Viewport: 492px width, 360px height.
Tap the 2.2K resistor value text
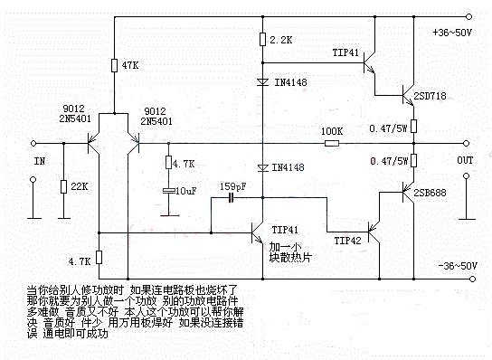pyautogui.click(x=279, y=41)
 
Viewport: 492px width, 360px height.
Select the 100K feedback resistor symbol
pyautogui.click(x=332, y=143)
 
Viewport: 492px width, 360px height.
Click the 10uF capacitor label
pyautogui.click(x=186, y=192)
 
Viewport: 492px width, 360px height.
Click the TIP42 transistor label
pyautogui.click(x=348, y=242)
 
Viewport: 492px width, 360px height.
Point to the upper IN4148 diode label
pyautogui.click(x=288, y=82)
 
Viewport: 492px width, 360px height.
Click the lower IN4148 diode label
pyautogui.click(x=288, y=167)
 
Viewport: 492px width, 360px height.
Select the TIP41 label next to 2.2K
pyautogui.click(x=347, y=52)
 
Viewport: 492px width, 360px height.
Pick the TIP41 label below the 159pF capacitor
pyautogui.click(x=284, y=230)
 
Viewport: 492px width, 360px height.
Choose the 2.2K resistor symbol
pyautogui.click(x=260, y=40)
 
